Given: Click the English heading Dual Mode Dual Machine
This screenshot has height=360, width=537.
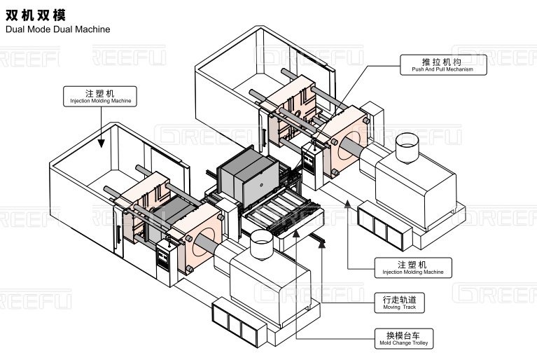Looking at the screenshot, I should tap(57, 30).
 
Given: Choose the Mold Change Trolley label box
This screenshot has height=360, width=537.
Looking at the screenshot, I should tap(404, 338).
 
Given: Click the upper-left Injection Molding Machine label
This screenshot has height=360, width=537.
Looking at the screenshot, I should tap(101, 96).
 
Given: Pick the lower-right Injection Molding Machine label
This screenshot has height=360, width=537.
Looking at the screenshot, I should tap(412, 267).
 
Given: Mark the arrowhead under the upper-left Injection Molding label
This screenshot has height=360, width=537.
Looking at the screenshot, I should tap(102, 144).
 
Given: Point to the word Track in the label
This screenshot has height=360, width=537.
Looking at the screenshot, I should tap(408, 307).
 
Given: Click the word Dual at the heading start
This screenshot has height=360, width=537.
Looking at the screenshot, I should tap(15, 30).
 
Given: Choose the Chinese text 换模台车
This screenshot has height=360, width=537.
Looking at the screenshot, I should tap(404, 333).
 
